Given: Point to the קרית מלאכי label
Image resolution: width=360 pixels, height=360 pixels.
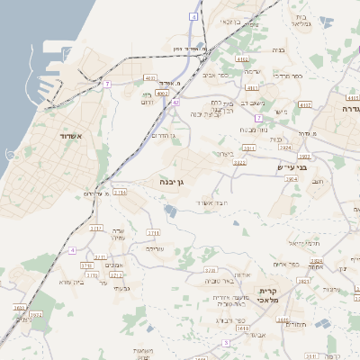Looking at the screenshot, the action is point(267,297).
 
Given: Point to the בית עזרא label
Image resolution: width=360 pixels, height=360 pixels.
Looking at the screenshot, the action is point(72,282).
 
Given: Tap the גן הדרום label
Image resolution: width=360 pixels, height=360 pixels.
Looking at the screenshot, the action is point(159,134).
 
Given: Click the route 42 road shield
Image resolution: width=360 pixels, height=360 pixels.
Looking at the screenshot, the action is point(176,103).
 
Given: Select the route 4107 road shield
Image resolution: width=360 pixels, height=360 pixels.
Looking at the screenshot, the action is point(304,104).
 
